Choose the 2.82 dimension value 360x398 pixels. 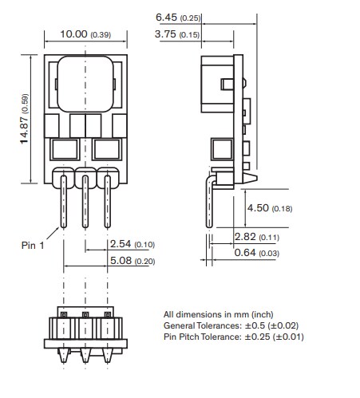(x=247, y=237)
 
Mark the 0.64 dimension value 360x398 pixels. (x=247, y=253)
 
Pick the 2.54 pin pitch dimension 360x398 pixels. (x=117, y=244)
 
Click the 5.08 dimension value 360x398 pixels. (x=117, y=261)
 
